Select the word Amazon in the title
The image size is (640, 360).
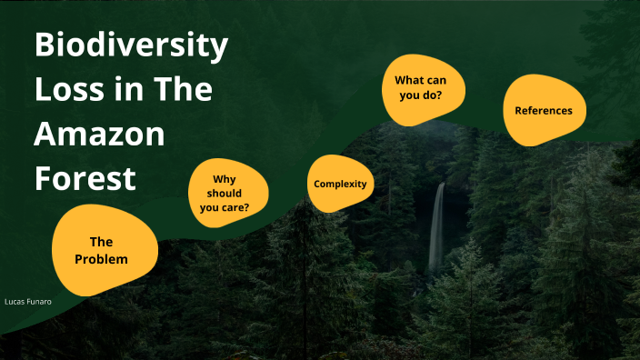pyautogui.click(x=100, y=135)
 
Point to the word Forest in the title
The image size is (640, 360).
pyautogui.click(x=85, y=177)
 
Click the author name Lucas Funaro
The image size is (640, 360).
pyautogui.click(x=27, y=299)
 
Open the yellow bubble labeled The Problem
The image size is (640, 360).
pyautogui.click(x=101, y=250)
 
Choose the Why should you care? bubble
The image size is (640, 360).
pyautogui.click(x=228, y=194)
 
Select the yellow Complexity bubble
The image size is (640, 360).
pyautogui.click(x=340, y=185)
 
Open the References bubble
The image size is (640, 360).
pyautogui.click(x=544, y=111)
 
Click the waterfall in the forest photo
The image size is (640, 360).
pyautogui.click(x=437, y=227)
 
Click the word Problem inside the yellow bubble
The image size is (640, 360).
pyautogui.click(x=101, y=259)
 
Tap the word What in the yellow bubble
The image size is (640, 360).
pyautogui.click(x=408, y=81)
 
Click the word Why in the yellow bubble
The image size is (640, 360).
pyautogui.click(x=224, y=180)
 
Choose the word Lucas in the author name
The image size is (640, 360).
pyautogui.click(x=14, y=299)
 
